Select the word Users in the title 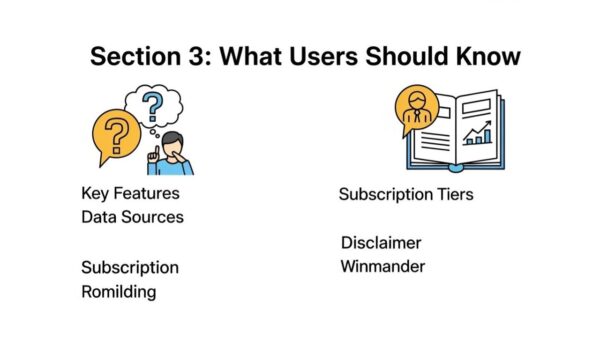click(x=314, y=56)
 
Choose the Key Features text click(x=130, y=193)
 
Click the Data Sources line click(x=132, y=216)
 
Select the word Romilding click(x=118, y=292)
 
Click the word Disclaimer click(x=380, y=243)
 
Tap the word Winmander click(x=382, y=266)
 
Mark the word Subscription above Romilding click(x=130, y=268)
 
